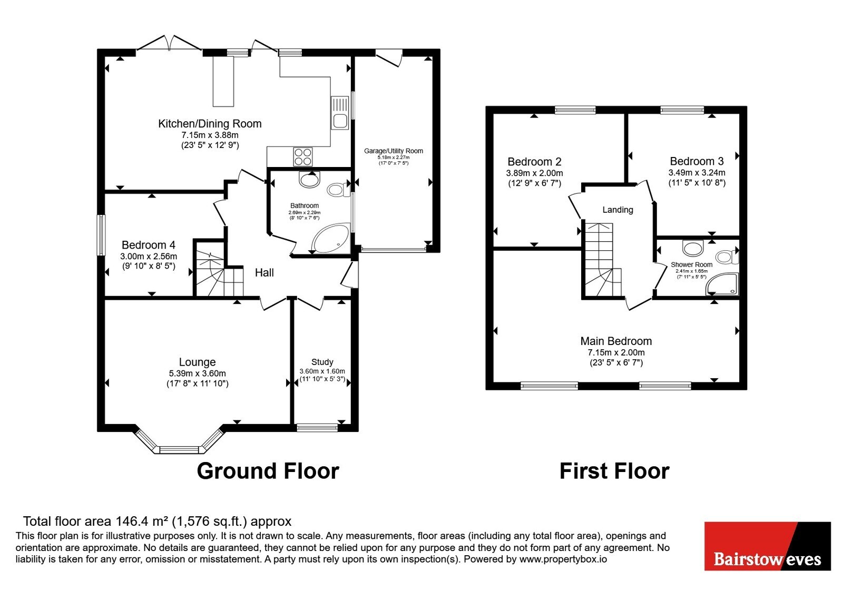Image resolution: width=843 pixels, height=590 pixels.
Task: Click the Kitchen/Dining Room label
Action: pyautogui.click(x=210, y=124)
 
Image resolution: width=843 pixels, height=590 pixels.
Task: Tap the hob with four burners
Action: pyautogui.click(x=303, y=157)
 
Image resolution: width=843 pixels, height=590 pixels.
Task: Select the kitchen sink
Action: pyautogui.click(x=340, y=113)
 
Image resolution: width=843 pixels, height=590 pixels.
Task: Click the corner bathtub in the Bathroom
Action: pyautogui.click(x=331, y=239)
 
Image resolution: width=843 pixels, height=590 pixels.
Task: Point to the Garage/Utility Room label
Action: pyautogui.click(x=393, y=151)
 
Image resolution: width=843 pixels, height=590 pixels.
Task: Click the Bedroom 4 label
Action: pyautogui.click(x=148, y=245)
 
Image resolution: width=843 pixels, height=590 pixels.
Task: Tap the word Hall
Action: pyautogui.click(x=264, y=273)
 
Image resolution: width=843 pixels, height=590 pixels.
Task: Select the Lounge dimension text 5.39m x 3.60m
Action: pyautogui.click(x=197, y=373)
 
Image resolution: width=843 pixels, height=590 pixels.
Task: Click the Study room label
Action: pyautogui.click(x=322, y=362)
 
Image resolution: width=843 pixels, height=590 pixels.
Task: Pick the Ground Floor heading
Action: pyautogui.click(x=268, y=471)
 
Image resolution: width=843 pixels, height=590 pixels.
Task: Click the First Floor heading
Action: pyautogui.click(x=614, y=471)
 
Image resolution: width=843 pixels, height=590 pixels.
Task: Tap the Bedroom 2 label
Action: pyautogui.click(x=534, y=162)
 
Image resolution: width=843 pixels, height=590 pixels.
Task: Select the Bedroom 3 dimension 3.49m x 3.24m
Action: pyautogui.click(x=697, y=173)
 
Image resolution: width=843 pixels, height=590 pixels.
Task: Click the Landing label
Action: pyautogui.click(x=617, y=210)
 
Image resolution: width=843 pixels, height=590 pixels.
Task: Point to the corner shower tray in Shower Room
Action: pyautogui.click(x=723, y=284)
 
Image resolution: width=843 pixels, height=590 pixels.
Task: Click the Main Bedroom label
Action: pyautogui.click(x=616, y=341)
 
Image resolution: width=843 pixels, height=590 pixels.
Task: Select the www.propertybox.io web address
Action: pyautogui.click(x=563, y=559)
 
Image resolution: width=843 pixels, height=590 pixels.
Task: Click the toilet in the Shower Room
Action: pyautogui.click(x=727, y=258)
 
